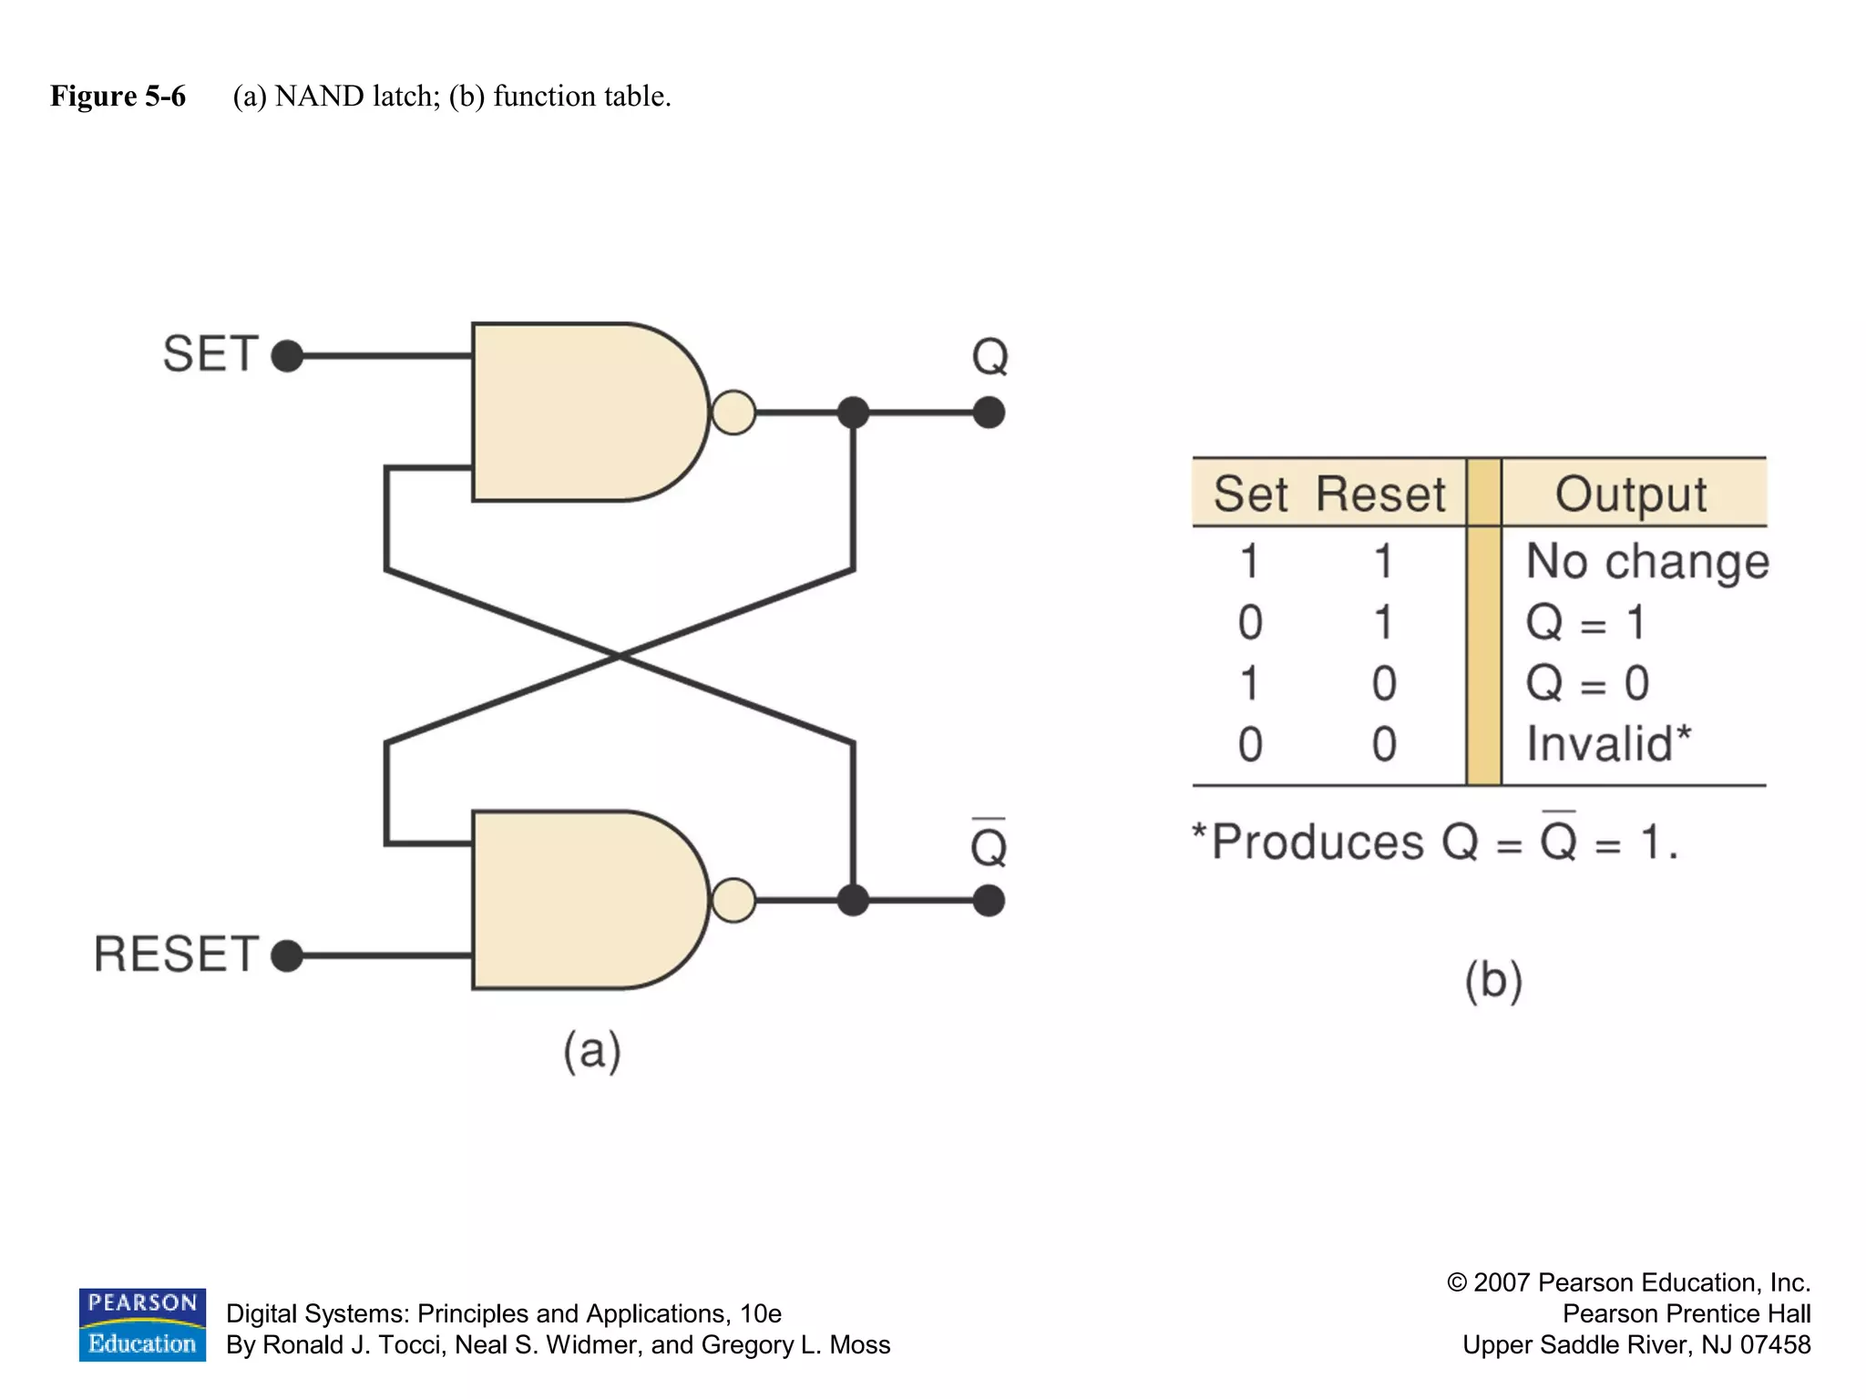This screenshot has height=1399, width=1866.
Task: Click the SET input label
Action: (210, 353)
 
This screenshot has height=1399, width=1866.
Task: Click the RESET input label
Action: (177, 955)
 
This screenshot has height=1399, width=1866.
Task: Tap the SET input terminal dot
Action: (287, 355)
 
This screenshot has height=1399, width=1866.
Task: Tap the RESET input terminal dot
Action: (287, 955)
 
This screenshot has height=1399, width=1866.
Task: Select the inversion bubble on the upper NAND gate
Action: (733, 413)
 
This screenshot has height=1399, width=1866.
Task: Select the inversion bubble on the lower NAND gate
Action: (733, 901)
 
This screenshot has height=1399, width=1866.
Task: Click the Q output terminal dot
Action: (989, 413)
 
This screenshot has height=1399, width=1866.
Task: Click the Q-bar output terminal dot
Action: (989, 901)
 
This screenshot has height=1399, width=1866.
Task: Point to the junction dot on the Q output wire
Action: (853, 413)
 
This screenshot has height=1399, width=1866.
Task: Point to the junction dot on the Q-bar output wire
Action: (853, 901)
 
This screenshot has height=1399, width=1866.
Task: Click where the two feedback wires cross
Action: (619, 656)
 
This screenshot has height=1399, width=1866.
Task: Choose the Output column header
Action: (1631, 494)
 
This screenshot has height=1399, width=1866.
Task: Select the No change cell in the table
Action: (1646, 561)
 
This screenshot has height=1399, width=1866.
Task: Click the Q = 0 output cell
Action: (1587, 683)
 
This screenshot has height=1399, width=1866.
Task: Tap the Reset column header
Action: (1380, 494)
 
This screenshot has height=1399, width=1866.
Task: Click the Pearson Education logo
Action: (142, 1324)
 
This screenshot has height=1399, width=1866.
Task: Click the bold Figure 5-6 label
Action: (118, 96)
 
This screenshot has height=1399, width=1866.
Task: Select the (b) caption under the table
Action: (1493, 981)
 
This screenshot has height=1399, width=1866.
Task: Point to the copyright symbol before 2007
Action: (1457, 1282)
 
